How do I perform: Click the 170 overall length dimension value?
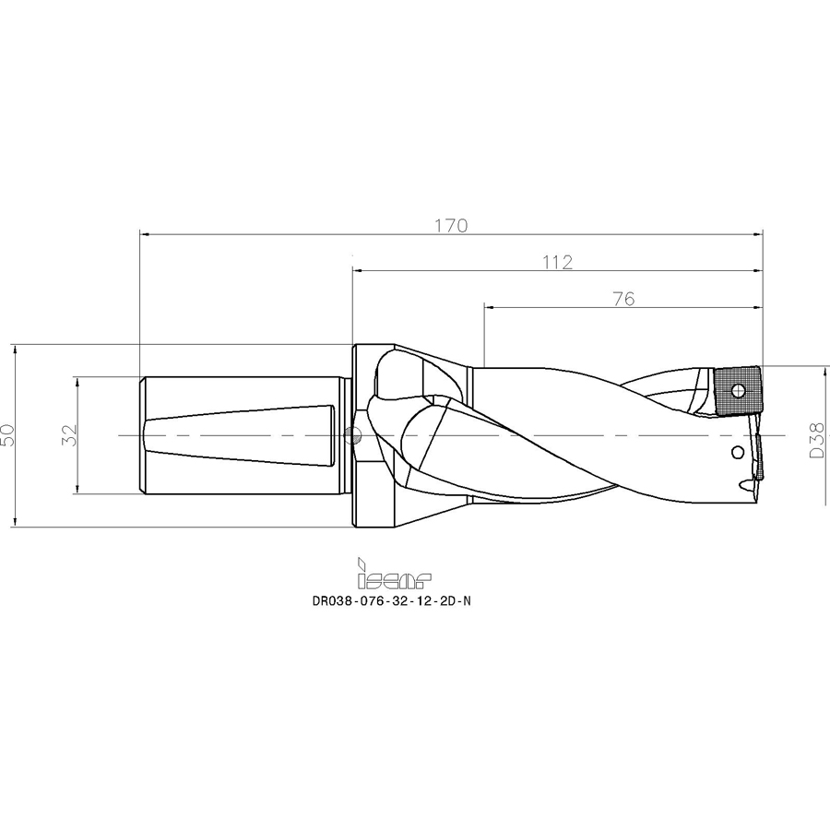pos(452,226)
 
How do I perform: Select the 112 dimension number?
pos(557,263)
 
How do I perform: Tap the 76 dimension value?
pos(624,300)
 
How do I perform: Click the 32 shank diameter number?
pos(70,435)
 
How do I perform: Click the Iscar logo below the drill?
pos(395,575)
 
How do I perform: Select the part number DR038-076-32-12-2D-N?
pos(391,601)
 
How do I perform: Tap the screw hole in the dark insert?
pos(738,392)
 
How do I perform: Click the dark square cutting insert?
pos(738,392)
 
